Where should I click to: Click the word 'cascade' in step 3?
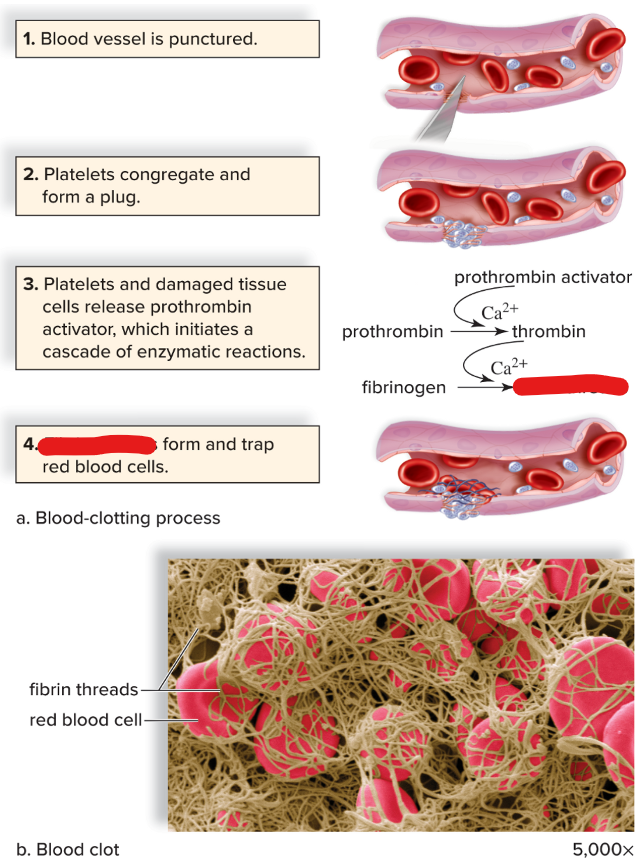click(78, 352)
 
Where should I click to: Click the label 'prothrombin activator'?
click(543, 276)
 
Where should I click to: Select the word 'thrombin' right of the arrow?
click(549, 331)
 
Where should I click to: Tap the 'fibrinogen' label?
click(404, 387)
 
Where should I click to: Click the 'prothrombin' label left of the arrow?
click(392, 331)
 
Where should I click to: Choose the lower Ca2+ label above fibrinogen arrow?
click(509, 365)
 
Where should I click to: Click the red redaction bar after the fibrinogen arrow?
click(570, 387)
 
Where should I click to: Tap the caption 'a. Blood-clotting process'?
click(118, 518)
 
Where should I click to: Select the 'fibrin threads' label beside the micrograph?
click(84, 690)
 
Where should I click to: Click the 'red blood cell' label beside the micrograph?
click(86, 719)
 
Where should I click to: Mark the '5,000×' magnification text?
click(602, 849)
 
